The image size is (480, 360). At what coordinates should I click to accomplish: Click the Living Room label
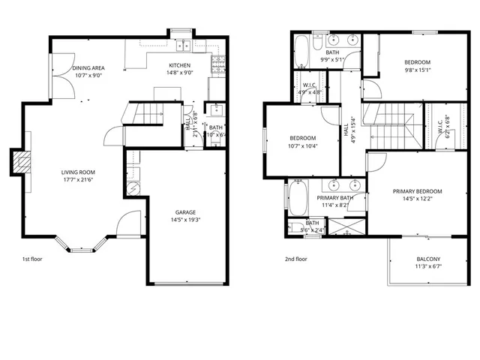pyautogui.click(x=78, y=172)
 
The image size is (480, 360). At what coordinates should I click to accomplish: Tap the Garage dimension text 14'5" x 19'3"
pyautogui.click(x=185, y=220)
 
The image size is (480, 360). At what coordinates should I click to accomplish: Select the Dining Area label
pyautogui.click(x=88, y=68)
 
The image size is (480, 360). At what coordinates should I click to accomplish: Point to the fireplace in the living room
pyautogui.click(x=19, y=163)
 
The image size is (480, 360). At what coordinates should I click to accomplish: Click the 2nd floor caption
pyautogui.click(x=295, y=259)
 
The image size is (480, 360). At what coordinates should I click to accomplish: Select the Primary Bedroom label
pyautogui.click(x=418, y=191)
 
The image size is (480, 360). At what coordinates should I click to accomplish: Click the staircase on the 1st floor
pyautogui.click(x=145, y=114)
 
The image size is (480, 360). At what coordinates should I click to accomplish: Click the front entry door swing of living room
pyautogui.click(x=130, y=222)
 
